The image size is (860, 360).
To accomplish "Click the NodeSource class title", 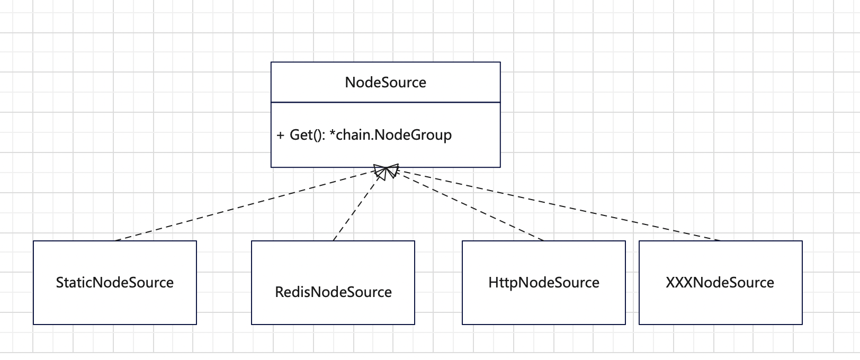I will tap(386, 83).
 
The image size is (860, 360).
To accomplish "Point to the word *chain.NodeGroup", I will tap(394, 135).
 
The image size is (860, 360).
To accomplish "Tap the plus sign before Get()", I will tap(281, 136).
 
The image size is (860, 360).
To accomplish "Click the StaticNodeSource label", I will tap(115, 283).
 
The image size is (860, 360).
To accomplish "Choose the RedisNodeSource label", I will tap(333, 292).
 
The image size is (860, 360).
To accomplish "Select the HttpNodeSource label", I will tap(544, 283).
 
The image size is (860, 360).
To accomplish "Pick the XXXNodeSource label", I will tap(720, 283).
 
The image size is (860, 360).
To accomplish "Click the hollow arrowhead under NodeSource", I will tap(386, 172).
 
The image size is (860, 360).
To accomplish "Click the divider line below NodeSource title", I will tap(386, 102).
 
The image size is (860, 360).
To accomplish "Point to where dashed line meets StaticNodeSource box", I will tap(115, 241).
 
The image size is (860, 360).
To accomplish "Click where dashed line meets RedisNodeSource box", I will tap(333, 241).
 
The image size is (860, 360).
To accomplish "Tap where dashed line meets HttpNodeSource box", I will tap(544, 241).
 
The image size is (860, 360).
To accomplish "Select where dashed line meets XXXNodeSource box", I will tap(720, 241).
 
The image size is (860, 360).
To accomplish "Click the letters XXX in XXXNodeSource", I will tap(679, 283).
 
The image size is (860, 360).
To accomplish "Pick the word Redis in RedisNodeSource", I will tap(289, 292).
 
